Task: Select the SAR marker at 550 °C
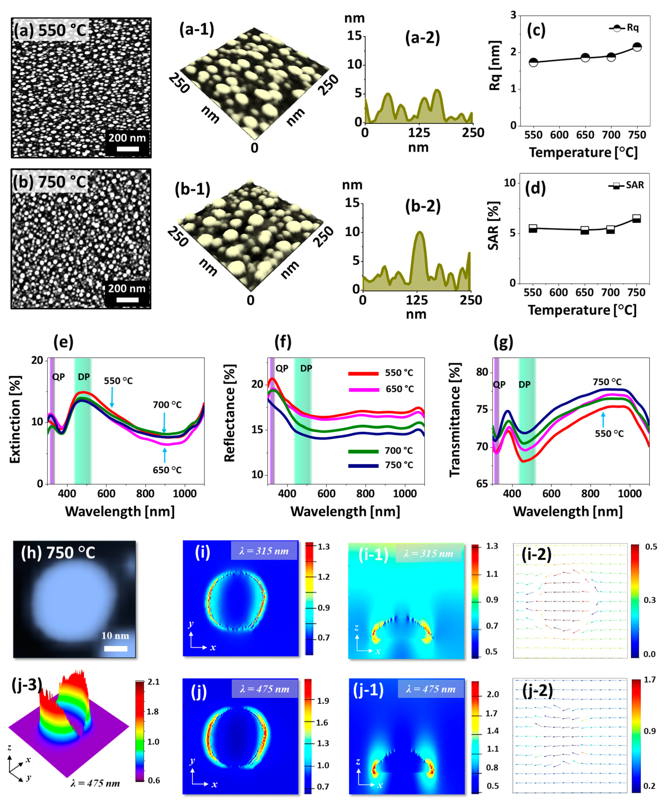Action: point(533,228)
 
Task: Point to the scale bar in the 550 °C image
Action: point(128,148)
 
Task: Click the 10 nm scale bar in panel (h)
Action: point(115,648)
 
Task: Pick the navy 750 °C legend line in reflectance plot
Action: point(363,465)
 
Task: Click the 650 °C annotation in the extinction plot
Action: point(167,470)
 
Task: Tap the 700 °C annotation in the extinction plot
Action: point(167,404)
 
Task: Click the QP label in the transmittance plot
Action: point(499,384)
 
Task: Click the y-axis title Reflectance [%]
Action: point(229,413)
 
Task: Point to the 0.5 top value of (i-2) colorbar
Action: point(651,547)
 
